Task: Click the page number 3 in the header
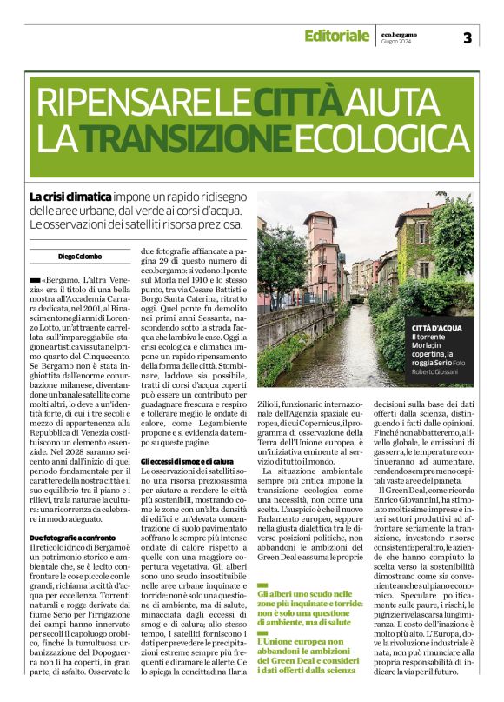click(467, 37)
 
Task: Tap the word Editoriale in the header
click(336, 36)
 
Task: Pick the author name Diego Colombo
click(56, 257)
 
